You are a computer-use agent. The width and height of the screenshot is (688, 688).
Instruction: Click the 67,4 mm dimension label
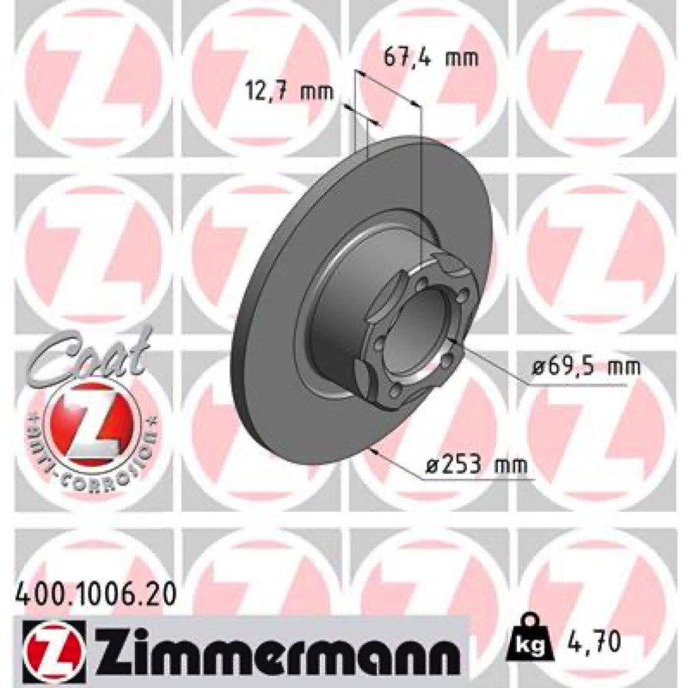click(431, 58)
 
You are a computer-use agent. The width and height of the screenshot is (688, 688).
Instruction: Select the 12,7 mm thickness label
click(289, 92)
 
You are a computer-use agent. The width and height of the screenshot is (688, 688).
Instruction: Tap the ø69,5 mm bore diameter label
click(586, 366)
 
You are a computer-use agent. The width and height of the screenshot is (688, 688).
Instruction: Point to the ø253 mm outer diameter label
click(476, 464)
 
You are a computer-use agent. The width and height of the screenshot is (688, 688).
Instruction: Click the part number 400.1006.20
click(95, 595)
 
